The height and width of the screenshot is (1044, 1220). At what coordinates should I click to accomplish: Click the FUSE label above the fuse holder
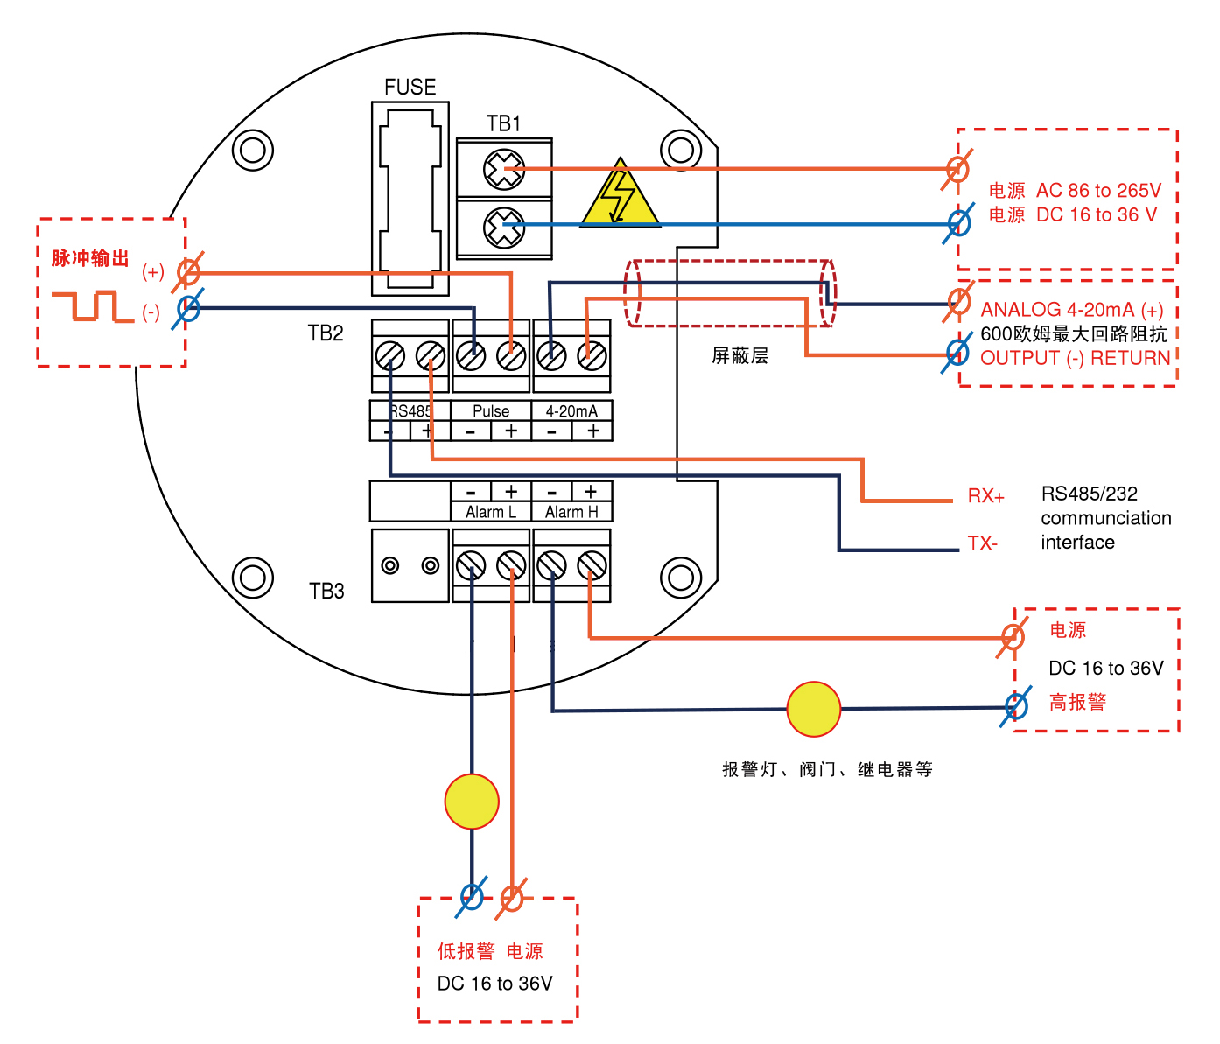pyautogui.click(x=410, y=87)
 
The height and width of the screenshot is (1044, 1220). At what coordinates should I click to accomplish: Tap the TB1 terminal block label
pyautogui.click(x=503, y=123)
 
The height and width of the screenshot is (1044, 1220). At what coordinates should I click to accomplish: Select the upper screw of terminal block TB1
pyautogui.click(x=504, y=169)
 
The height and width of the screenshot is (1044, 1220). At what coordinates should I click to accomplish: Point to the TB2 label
pyautogui.click(x=326, y=333)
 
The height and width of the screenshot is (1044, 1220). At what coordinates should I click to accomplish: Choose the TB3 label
pyautogui.click(x=326, y=592)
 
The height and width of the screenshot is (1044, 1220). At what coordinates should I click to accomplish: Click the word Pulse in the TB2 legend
pyautogui.click(x=491, y=410)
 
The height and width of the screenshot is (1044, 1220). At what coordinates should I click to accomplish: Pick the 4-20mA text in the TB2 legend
pyautogui.click(x=571, y=410)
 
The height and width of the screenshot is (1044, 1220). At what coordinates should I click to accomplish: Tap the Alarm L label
pyautogui.click(x=490, y=512)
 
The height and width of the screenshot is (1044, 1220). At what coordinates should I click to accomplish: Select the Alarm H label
pyautogui.click(x=571, y=512)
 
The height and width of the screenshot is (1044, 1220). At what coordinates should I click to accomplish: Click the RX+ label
pyautogui.click(x=985, y=496)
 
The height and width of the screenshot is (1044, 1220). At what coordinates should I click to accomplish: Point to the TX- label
pyautogui.click(x=982, y=543)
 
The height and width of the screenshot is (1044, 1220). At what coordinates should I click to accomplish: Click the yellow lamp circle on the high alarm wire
pyautogui.click(x=814, y=709)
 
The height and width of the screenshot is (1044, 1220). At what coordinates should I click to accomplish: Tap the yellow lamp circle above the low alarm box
pyautogui.click(x=472, y=801)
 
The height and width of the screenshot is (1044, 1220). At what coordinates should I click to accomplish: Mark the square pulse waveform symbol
pyautogui.click(x=92, y=306)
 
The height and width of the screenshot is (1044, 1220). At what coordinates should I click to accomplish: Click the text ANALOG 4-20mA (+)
pyautogui.click(x=1071, y=310)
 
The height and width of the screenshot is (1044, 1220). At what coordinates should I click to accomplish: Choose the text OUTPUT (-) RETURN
pyautogui.click(x=1075, y=358)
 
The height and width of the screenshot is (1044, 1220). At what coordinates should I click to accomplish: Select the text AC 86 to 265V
pyautogui.click(x=1098, y=191)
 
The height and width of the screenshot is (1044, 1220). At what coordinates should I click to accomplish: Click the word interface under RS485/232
pyautogui.click(x=1077, y=543)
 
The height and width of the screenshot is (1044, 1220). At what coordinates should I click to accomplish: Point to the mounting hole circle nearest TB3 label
pyautogui.click(x=252, y=578)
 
